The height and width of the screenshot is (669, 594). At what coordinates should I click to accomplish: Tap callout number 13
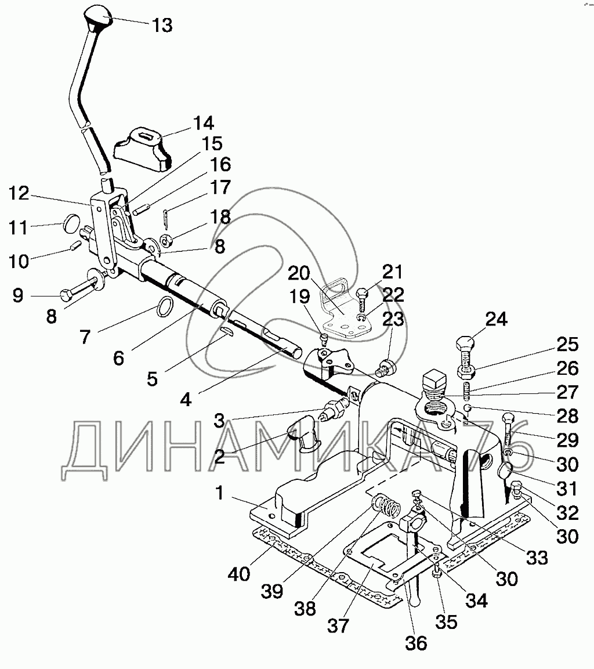162,26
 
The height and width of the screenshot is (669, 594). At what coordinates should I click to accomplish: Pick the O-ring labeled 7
165,306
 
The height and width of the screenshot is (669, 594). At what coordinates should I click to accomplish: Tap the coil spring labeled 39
386,505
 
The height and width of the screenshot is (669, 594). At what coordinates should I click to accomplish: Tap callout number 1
219,493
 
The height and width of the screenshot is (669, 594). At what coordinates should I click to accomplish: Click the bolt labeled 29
508,426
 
